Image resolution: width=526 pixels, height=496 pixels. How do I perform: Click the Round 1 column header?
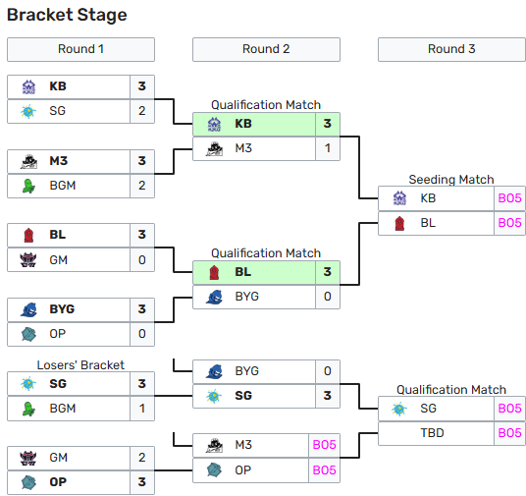80,49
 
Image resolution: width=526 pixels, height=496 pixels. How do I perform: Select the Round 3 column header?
451,49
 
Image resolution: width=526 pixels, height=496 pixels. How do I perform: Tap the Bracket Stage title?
67,15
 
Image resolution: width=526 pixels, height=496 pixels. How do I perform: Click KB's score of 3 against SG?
142,86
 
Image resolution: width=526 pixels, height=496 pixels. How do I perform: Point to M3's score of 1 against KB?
328,148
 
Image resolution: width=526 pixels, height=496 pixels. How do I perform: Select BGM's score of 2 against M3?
142,186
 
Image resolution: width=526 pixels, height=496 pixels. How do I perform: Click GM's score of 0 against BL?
142,260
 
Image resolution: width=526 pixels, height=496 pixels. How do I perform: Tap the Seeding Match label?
451,180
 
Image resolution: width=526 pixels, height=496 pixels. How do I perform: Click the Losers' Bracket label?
80,365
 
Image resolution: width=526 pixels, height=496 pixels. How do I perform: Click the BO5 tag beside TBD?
510,433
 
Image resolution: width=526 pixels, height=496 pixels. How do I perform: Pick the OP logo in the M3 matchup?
214,470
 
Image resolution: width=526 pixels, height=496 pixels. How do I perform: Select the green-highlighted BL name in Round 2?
243,272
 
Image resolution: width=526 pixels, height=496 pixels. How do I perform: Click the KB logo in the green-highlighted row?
214,125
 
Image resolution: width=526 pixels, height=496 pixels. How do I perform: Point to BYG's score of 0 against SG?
328,371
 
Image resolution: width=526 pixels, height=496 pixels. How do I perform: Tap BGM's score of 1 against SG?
142,409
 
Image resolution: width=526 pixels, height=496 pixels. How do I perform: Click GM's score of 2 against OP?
142,458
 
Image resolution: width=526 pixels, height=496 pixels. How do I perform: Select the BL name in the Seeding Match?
428,223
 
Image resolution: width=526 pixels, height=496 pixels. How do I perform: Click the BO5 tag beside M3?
325,445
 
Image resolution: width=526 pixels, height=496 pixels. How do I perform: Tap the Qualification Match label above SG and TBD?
451,390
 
